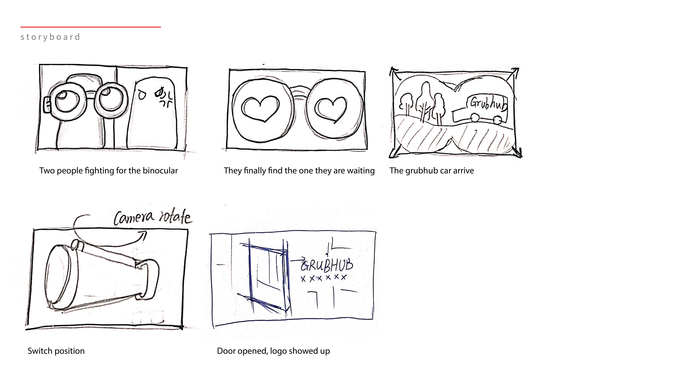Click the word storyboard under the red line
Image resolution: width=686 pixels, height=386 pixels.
pyautogui.click(x=50, y=37)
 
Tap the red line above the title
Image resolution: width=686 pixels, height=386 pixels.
pyautogui.click(x=91, y=27)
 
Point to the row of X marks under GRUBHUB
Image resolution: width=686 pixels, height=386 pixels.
pyautogui.click(x=324, y=278)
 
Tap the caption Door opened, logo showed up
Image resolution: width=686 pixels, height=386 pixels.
pyautogui.click(x=274, y=351)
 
